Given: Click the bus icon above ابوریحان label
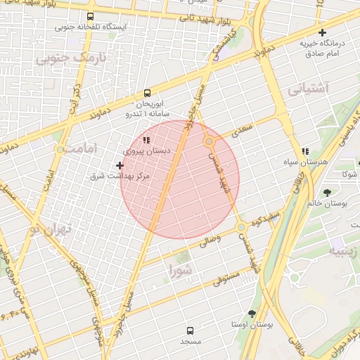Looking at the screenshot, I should (x=147, y=93).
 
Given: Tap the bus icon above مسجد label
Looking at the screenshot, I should (x=190, y=330).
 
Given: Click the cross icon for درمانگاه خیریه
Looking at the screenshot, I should (x=322, y=32).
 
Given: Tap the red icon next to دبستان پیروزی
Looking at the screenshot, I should (x=146, y=141).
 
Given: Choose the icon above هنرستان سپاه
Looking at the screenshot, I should (x=304, y=151).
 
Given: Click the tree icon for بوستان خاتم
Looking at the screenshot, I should (x=328, y=192).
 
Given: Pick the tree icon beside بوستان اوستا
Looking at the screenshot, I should (x=252, y=314).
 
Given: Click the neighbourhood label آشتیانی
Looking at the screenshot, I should (x=307, y=89).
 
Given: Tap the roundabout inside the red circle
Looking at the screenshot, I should (x=209, y=142).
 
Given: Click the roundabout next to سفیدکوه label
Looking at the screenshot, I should (x=241, y=228).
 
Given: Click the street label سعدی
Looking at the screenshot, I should (x=240, y=131).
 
